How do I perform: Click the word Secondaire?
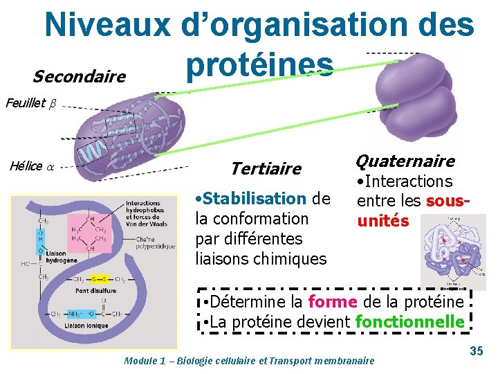pyautogui.click(x=79, y=75)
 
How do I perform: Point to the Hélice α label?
pyautogui.click(x=31, y=166)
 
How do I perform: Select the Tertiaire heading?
pyautogui.click(x=266, y=169)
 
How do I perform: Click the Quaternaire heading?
pyautogui.click(x=405, y=161)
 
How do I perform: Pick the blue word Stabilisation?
pyautogui.click(x=255, y=199)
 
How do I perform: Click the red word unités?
pyautogui.click(x=382, y=222)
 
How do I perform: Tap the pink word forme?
pyautogui.click(x=331, y=302)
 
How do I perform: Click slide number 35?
pyautogui.click(x=477, y=351)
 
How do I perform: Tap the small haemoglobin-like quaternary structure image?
pyautogui.click(x=453, y=250)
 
